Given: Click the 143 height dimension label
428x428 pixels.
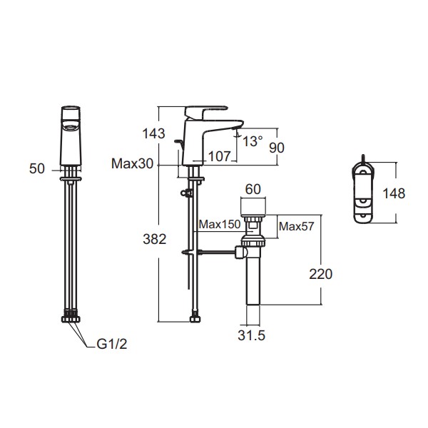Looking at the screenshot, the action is (x=153, y=134).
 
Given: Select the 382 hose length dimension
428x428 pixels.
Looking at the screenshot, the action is (x=155, y=240).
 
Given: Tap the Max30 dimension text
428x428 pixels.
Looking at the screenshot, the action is (x=133, y=164).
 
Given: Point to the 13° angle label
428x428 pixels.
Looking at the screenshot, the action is (x=253, y=141).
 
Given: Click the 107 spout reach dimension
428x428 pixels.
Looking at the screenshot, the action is (x=220, y=156).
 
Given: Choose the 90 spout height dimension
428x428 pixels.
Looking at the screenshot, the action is (x=277, y=148).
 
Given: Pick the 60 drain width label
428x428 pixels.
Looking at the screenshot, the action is (x=253, y=190).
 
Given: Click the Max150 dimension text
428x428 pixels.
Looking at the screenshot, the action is (x=220, y=225).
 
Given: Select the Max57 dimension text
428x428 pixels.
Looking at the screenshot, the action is (x=297, y=226).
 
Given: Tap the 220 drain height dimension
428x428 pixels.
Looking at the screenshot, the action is (x=321, y=274).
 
